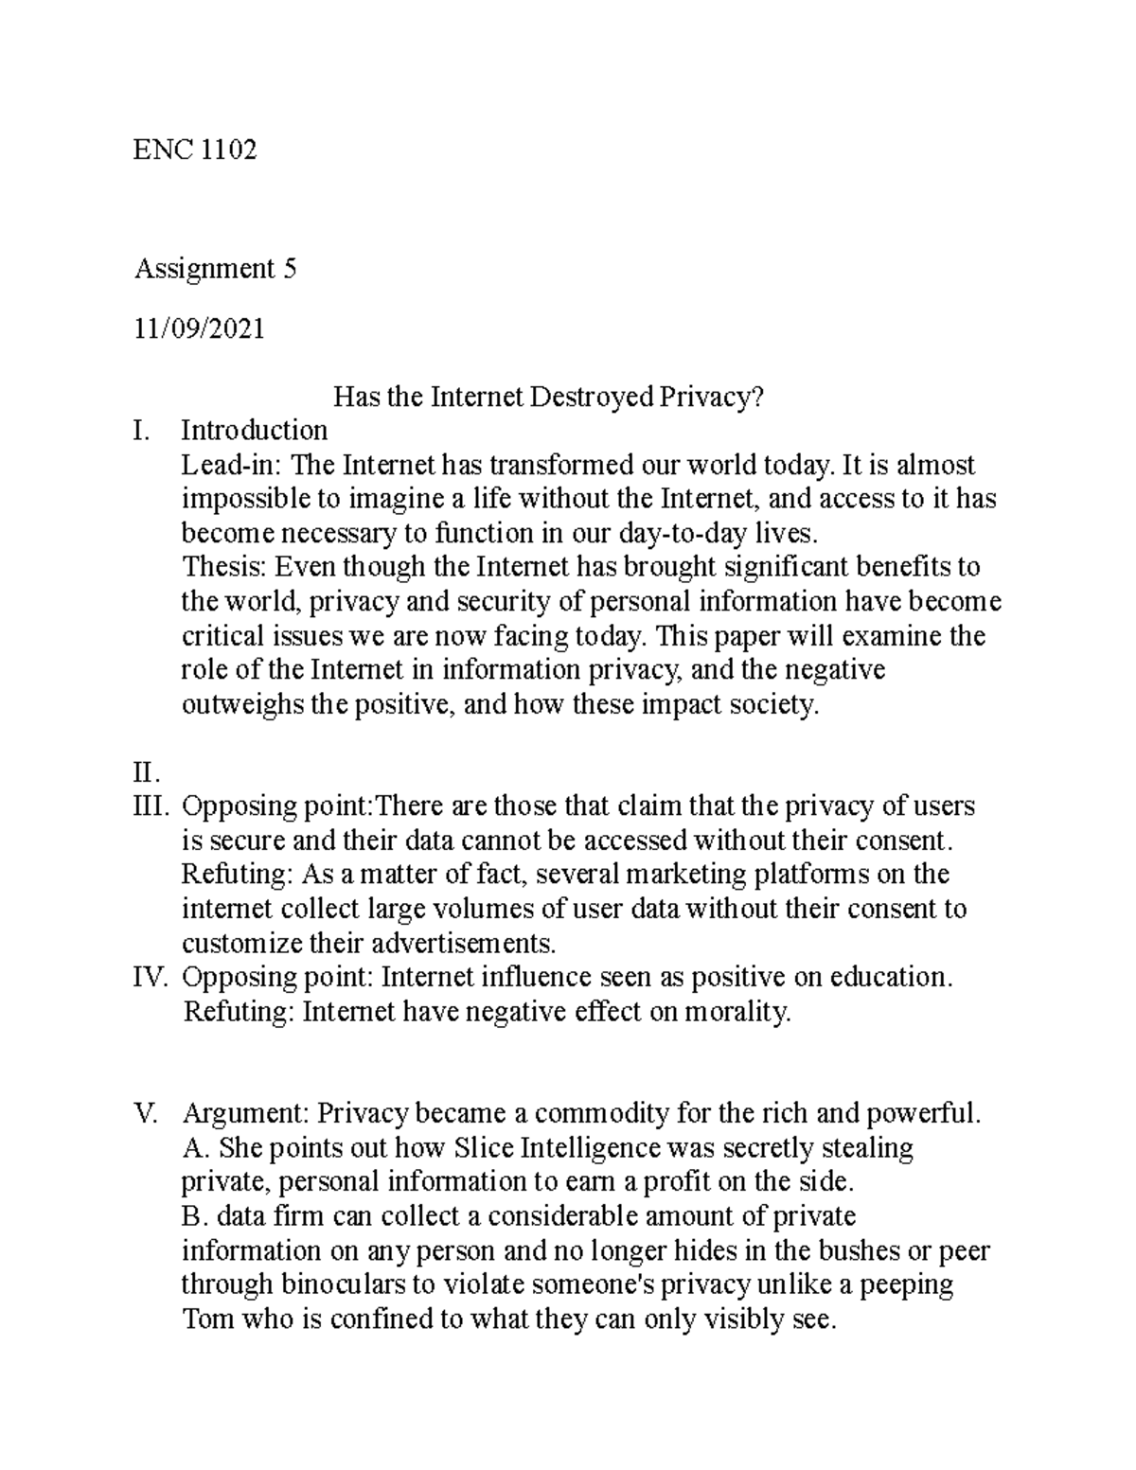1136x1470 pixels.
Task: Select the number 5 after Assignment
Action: (x=289, y=270)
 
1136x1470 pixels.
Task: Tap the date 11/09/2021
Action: (x=200, y=328)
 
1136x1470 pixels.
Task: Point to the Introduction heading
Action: (x=254, y=431)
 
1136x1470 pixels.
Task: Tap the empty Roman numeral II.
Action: (x=148, y=773)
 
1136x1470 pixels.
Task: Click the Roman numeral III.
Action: (x=151, y=807)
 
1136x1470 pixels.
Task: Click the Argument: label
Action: (x=244, y=1114)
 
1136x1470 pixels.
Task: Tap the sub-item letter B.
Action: (x=190, y=1216)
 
